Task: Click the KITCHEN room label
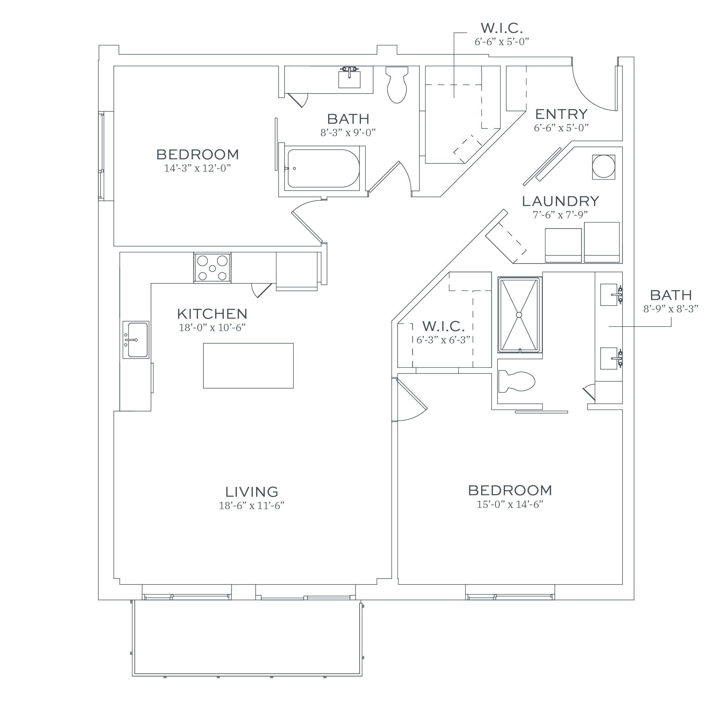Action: tap(212, 314)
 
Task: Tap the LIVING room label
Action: tap(252, 492)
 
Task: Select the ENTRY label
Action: tap(561, 114)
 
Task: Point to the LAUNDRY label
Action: tap(561, 201)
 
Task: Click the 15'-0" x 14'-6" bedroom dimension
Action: tap(510, 505)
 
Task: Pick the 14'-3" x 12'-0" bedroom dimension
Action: tap(197, 168)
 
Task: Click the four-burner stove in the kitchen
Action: tap(212, 268)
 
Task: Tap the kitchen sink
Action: tap(136, 340)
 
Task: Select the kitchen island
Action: tap(249, 366)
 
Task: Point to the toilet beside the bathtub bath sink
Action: tap(397, 85)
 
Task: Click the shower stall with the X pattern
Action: tap(520, 315)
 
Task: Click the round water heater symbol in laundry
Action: tap(604, 167)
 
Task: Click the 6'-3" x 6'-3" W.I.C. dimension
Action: tap(443, 340)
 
